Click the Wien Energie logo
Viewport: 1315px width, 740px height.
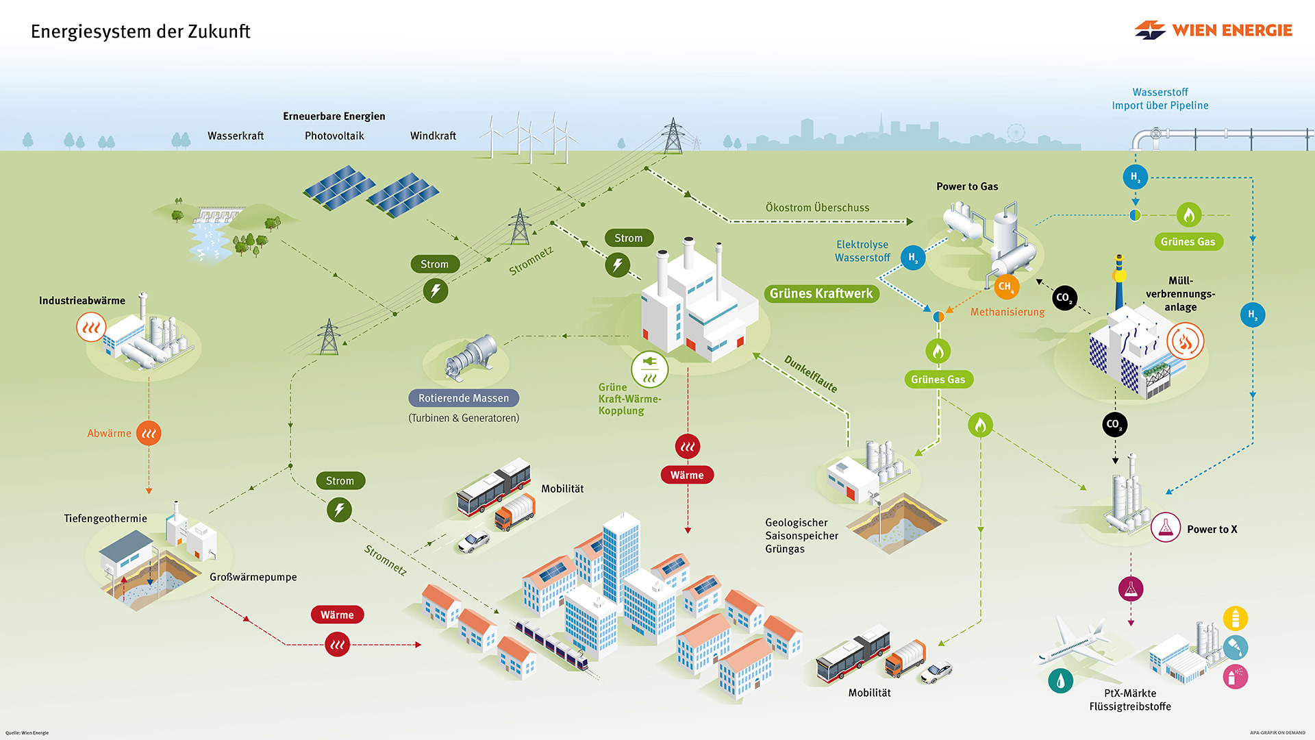tap(1213, 30)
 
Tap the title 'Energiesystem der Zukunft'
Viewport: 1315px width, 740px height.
tap(140, 32)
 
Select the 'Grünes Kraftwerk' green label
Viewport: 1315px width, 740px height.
tap(821, 294)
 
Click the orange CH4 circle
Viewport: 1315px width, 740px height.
tap(1005, 286)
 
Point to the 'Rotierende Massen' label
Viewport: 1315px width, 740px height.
tap(464, 398)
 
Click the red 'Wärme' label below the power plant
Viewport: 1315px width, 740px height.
tap(687, 475)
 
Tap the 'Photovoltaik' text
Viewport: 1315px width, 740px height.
tap(334, 136)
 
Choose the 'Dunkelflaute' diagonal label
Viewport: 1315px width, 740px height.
tap(810, 373)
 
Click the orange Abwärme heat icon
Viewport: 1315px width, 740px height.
tap(149, 433)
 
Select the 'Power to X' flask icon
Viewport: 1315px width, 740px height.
tap(1165, 528)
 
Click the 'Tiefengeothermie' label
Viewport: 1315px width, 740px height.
tap(105, 519)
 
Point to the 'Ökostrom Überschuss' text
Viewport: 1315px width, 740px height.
tap(817, 208)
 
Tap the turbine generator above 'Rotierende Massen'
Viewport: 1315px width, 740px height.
tap(471, 357)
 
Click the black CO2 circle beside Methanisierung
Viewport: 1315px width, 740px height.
tap(1064, 297)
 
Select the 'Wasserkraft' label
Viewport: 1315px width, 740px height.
tap(236, 136)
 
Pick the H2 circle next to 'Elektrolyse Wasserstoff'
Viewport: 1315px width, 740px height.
tap(912, 258)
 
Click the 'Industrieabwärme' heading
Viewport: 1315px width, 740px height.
tap(82, 301)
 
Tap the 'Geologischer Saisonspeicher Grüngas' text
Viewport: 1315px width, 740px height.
tap(801, 536)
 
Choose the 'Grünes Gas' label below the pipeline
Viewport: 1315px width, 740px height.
tap(1188, 242)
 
